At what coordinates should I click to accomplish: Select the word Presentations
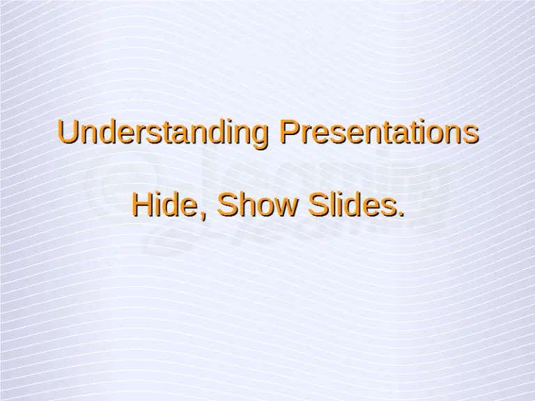point(378,132)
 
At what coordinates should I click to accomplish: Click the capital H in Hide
point(141,205)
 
